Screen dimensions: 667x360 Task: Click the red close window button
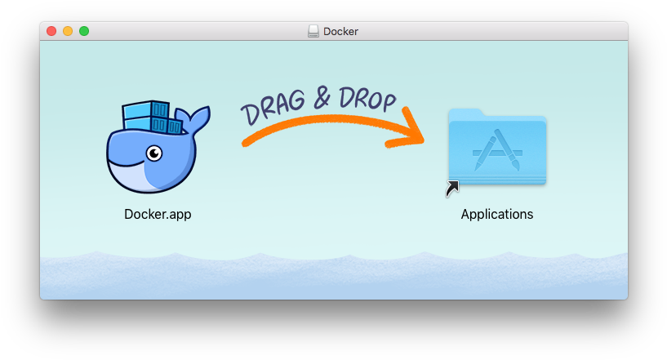pyautogui.click(x=51, y=31)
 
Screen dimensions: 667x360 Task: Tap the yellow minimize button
pyautogui.click(x=68, y=31)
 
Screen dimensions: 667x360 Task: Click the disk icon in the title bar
pyautogui.click(x=313, y=31)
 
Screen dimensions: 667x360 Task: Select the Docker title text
pyautogui.click(x=340, y=32)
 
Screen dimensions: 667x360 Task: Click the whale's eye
pyautogui.click(x=154, y=153)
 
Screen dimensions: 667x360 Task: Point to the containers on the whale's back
pyautogui.click(x=151, y=117)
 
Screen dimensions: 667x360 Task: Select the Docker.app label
pyautogui.click(x=158, y=214)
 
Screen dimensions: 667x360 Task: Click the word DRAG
pyautogui.click(x=273, y=107)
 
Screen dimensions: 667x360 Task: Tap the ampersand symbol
pyautogui.click(x=322, y=98)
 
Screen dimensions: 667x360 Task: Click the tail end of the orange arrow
pyautogui.click(x=245, y=144)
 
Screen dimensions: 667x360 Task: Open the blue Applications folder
pyautogui.click(x=497, y=147)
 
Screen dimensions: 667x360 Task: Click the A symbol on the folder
pyautogui.click(x=497, y=150)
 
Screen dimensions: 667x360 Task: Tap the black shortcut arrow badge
pyautogui.click(x=452, y=189)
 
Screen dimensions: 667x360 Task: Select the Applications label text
pyautogui.click(x=497, y=214)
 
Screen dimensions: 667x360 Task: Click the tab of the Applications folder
pyautogui.click(x=466, y=113)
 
